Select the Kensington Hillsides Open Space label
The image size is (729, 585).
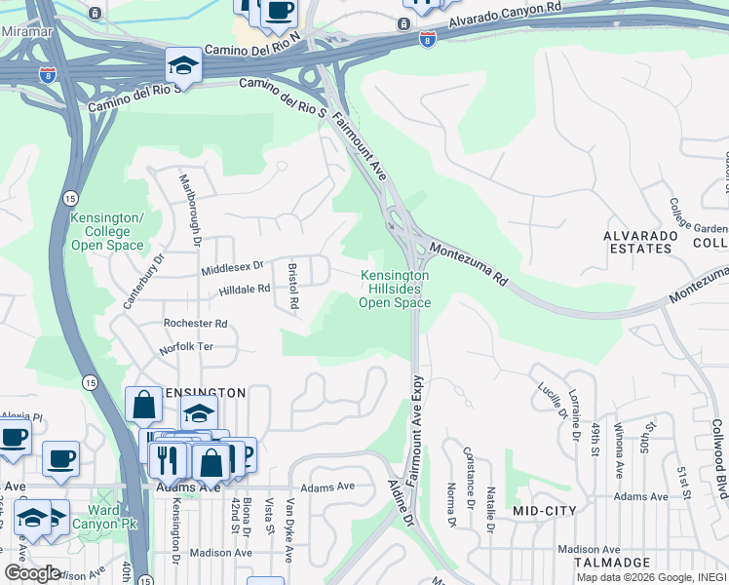pyautogui.click(x=395, y=290)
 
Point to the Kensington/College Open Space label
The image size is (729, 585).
pyautogui.click(x=107, y=232)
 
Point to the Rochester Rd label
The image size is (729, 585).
pyautogui.click(x=195, y=323)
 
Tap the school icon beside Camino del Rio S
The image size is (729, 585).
pyautogui.click(x=182, y=65)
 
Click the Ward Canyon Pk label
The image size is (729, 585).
pyautogui.click(x=103, y=518)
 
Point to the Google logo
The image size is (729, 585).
pyautogui.click(x=32, y=573)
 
